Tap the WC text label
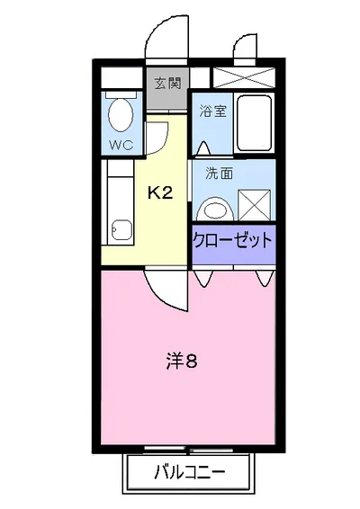click(x=119, y=143)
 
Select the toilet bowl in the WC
click(x=119, y=114)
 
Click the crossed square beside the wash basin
click(x=256, y=204)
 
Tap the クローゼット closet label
click(x=232, y=240)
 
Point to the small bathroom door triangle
click(x=199, y=144)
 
